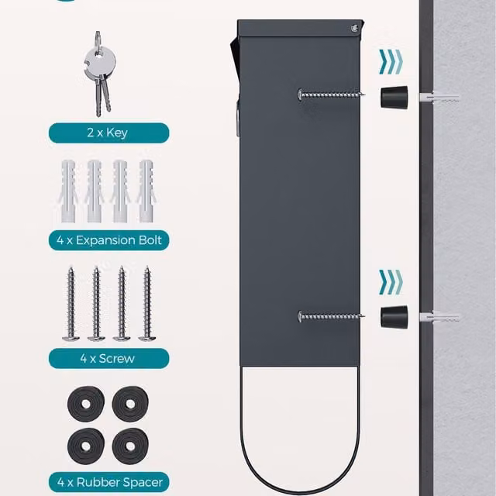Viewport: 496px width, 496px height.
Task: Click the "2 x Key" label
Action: tap(108, 133)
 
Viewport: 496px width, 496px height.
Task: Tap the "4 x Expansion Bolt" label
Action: tap(109, 240)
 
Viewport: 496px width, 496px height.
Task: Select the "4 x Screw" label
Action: tap(107, 358)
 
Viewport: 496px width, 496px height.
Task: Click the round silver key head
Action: tap(100, 62)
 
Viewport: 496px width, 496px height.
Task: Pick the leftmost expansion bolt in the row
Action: tap(68, 191)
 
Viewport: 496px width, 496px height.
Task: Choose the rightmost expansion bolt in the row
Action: tap(146, 191)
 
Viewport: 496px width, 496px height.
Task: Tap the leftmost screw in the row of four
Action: tap(71, 304)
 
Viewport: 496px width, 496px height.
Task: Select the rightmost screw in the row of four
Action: tap(146, 304)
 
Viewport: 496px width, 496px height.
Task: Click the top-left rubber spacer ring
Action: tap(86, 404)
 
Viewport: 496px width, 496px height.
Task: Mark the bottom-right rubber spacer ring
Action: tap(130, 446)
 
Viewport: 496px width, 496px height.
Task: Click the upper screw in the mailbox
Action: tap(331, 95)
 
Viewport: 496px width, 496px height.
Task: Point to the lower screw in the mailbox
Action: tap(331, 316)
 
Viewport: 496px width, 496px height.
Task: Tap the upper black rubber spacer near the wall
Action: tap(394, 98)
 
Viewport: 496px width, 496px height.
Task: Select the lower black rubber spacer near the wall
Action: tap(394, 317)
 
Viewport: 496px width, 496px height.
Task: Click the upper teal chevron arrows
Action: tap(391, 62)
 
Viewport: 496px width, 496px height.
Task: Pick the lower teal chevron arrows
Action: tap(391, 282)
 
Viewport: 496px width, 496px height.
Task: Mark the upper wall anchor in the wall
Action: tap(439, 96)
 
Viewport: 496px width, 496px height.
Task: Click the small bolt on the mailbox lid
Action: tap(355, 29)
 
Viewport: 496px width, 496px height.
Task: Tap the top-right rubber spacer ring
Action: tap(130, 404)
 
